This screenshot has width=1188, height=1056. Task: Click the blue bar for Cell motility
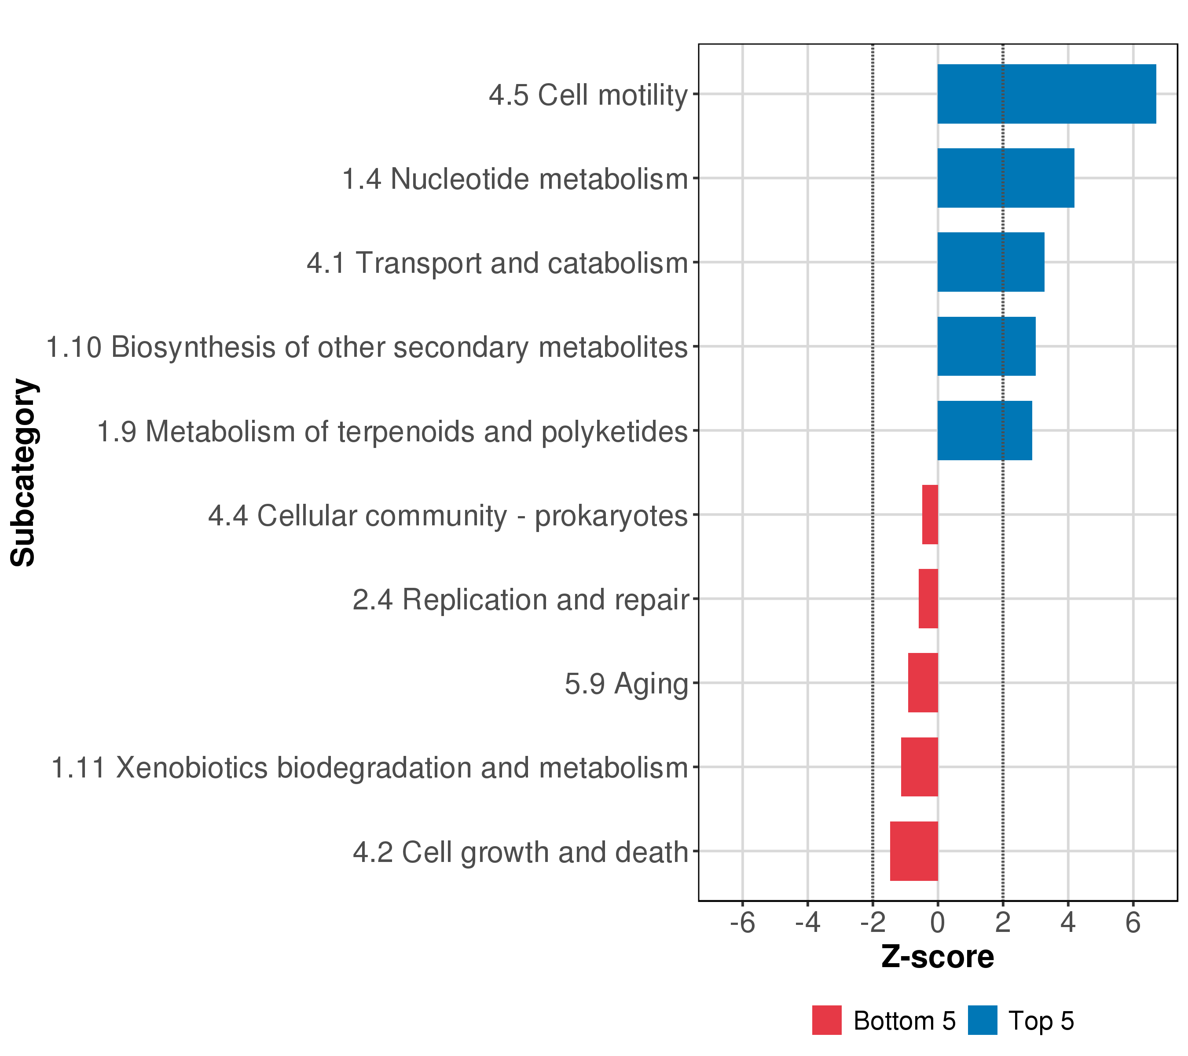coord(1046,94)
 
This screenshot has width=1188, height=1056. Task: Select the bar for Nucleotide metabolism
coord(1005,178)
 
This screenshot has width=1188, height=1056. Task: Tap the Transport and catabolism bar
coord(990,262)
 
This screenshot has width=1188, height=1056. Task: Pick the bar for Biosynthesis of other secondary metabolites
coord(986,346)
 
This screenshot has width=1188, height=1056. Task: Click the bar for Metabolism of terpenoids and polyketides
coord(985,431)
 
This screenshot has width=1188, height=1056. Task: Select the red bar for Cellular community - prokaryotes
coord(930,514)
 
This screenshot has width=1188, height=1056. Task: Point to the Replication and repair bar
coord(928,598)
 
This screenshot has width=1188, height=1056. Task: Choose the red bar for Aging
coord(923,683)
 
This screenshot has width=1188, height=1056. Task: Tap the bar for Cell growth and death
coord(914,851)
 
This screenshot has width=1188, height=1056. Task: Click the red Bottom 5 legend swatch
coord(826,1020)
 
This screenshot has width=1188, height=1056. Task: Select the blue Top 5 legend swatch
coord(982,1020)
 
